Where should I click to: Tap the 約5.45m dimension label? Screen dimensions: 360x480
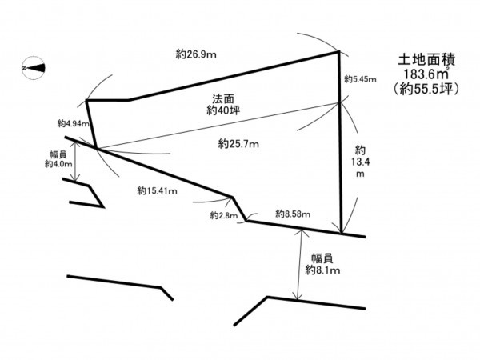[x=358, y=79]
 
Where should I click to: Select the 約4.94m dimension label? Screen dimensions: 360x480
[x=71, y=124]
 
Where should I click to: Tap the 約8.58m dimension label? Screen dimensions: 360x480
[x=293, y=214]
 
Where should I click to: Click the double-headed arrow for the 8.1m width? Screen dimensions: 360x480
[x=299, y=265]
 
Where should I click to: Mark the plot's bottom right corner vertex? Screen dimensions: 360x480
[x=342, y=234]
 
